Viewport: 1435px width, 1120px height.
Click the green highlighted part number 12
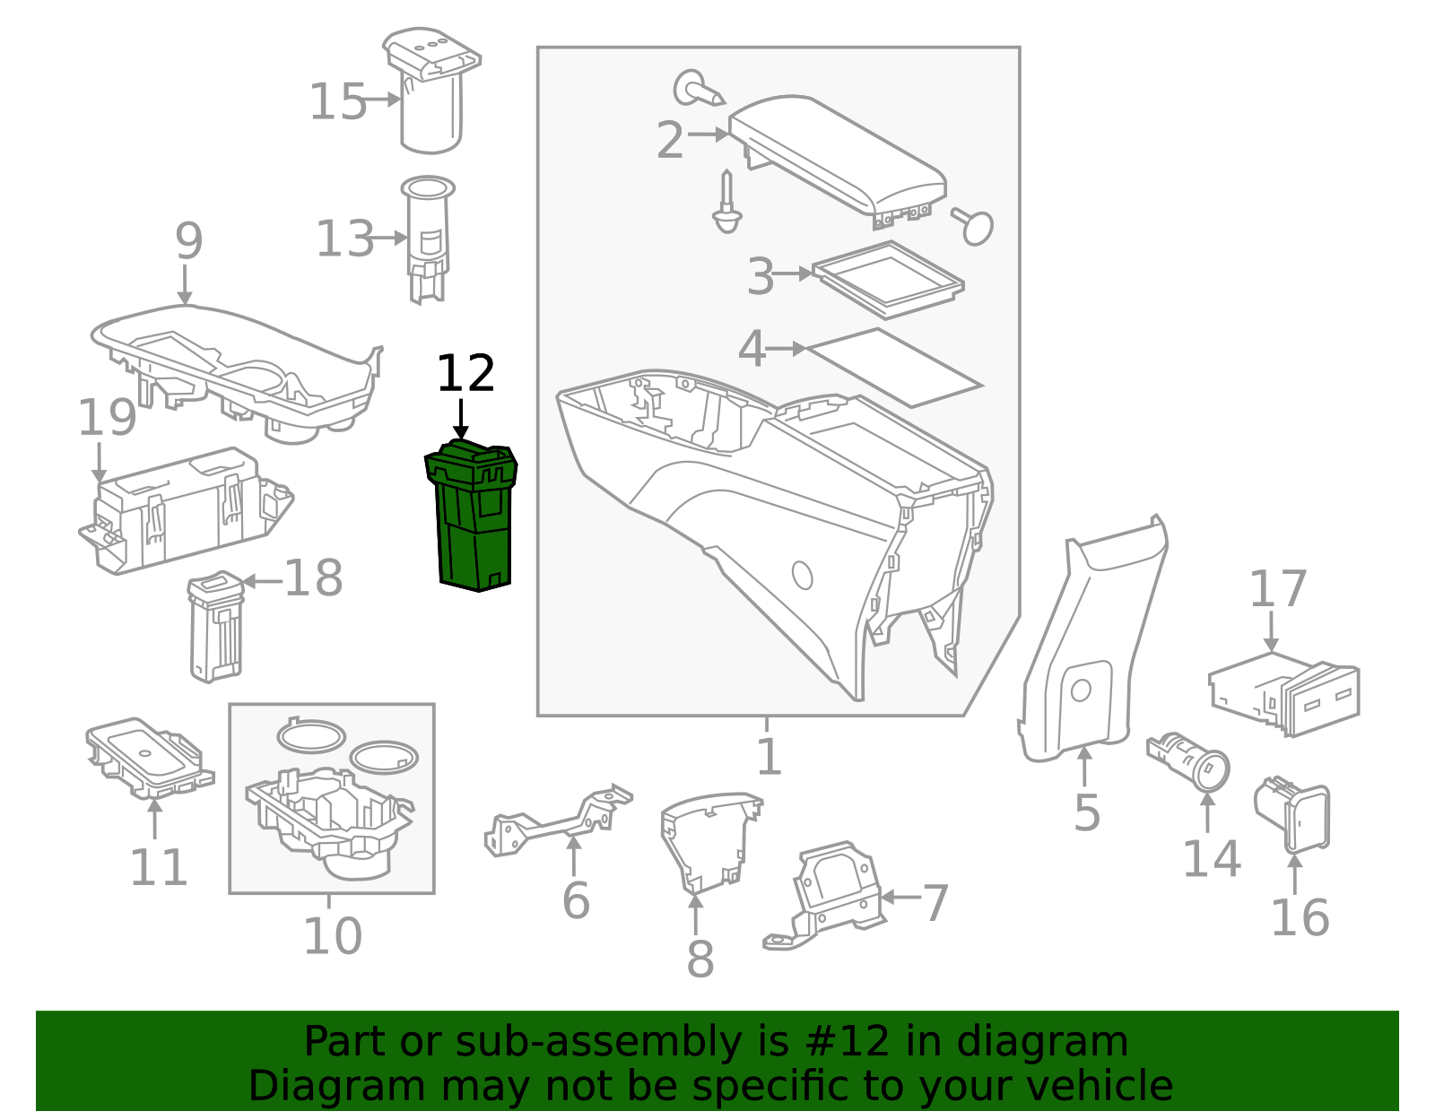click(473, 518)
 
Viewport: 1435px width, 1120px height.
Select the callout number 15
click(337, 102)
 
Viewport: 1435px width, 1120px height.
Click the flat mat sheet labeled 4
click(892, 368)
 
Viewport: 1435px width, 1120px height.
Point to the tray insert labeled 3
click(888, 279)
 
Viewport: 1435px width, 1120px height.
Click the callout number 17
click(1277, 590)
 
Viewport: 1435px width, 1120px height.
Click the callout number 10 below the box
click(332, 936)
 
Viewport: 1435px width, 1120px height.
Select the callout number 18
click(313, 578)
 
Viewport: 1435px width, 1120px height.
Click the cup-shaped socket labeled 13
click(428, 238)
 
